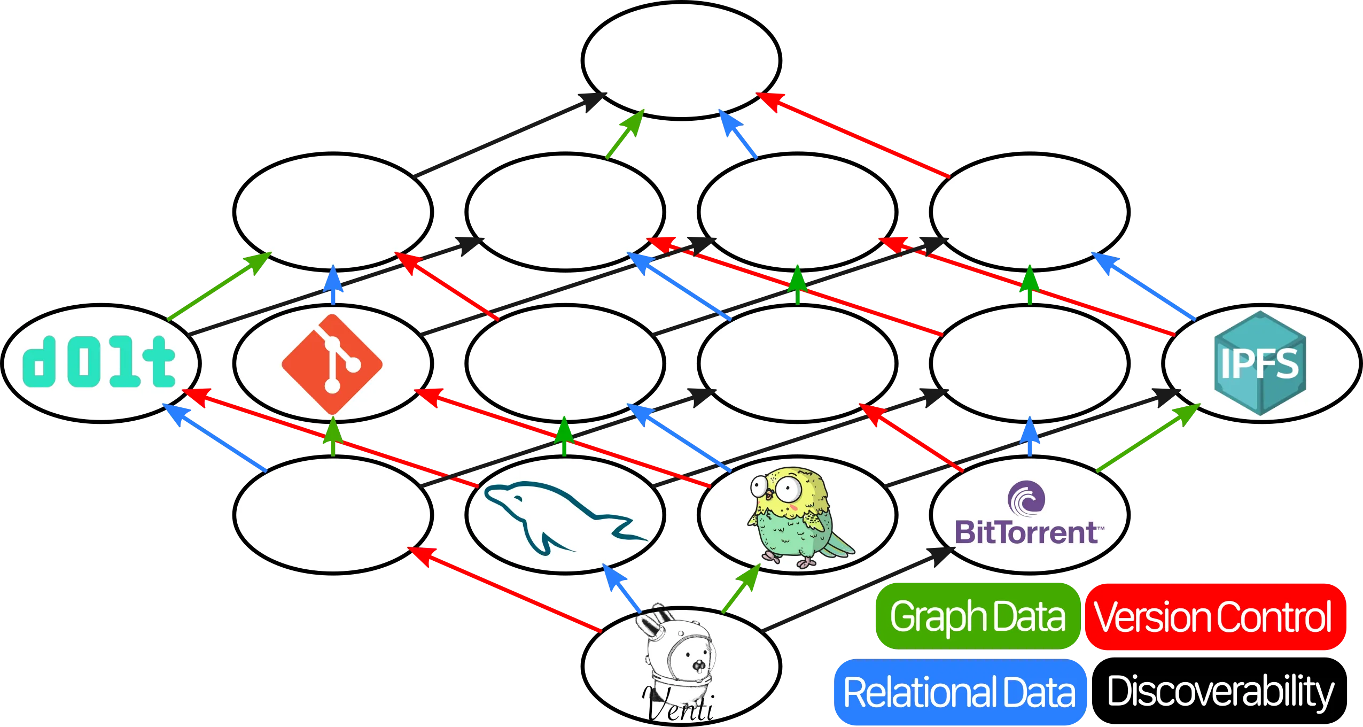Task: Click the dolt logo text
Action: point(99,362)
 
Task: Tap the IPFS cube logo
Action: point(1260,363)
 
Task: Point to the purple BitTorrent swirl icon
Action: point(1026,498)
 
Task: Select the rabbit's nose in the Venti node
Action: point(698,666)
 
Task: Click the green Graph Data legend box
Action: point(977,616)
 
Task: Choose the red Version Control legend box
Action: point(1213,616)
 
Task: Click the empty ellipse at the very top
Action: point(681,60)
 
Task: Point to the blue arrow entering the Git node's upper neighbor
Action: point(332,286)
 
